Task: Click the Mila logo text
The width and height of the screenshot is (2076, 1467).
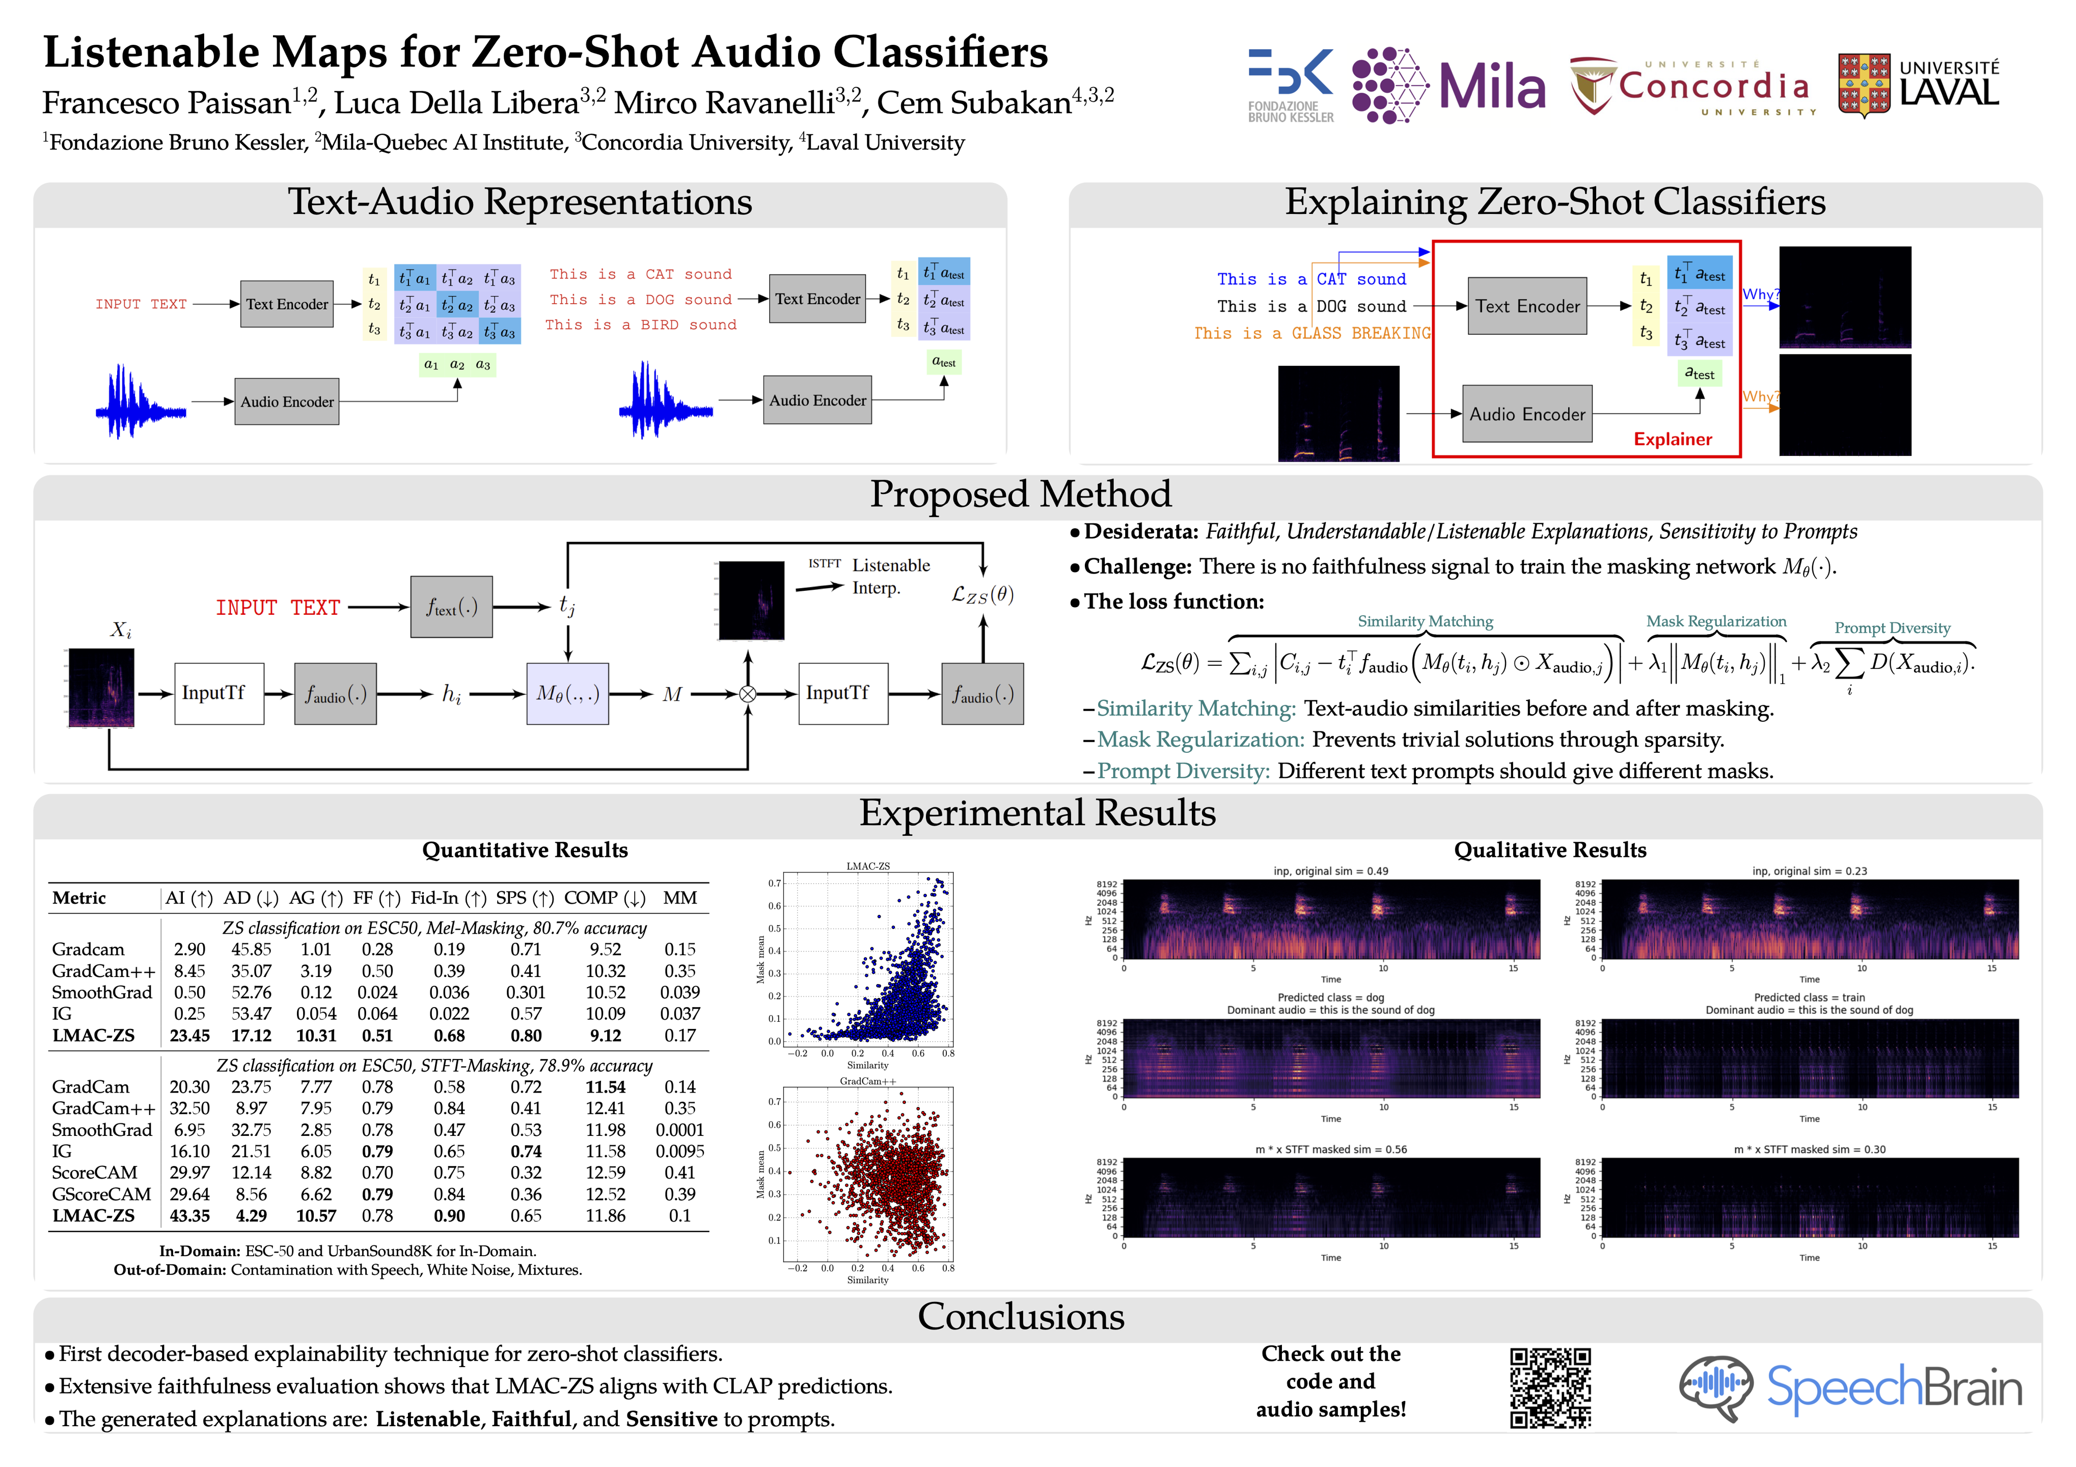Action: point(1492,87)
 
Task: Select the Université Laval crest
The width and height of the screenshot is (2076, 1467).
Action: point(1864,86)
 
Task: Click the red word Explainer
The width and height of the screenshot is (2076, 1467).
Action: point(1672,440)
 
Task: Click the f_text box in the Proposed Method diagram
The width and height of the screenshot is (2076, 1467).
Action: point(451,607)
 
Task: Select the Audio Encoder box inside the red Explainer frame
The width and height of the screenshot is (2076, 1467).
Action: point(1527,414)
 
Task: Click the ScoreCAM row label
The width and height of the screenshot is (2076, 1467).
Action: point(94,1173)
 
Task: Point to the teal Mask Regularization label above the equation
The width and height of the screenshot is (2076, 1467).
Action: point(1715,621)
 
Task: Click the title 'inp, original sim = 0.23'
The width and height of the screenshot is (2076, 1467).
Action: point(1809,871)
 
